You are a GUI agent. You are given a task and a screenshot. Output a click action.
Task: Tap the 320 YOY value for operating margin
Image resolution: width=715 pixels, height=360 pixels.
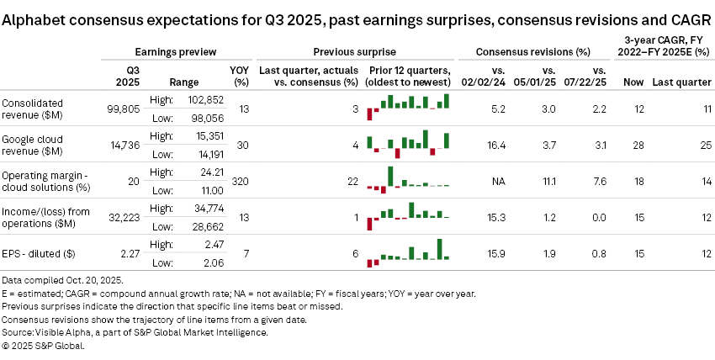(x=239, y=181)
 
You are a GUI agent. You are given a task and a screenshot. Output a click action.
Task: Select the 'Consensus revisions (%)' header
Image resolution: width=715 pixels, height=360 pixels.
(x=533, y=52)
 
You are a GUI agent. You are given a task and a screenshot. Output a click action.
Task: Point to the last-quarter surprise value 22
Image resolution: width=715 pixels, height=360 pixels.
(x=353, y=181)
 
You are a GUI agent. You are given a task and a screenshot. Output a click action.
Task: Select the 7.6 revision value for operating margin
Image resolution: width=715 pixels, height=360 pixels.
(x=600, y=181)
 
